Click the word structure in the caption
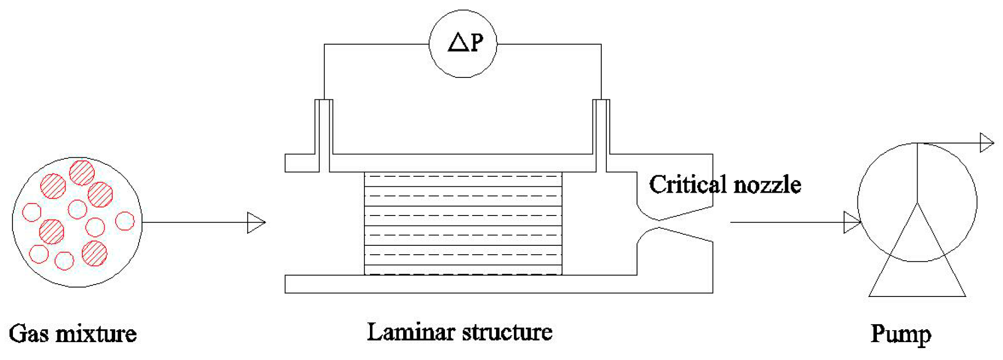click(506, 332)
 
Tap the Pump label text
click(901, 334)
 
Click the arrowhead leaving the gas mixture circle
click(256, 222)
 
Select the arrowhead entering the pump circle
click(852, 222)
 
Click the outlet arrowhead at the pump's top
click(987, 143)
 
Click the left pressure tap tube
click(324, 134)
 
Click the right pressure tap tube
click(601, 134)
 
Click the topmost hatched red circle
click(82, 172)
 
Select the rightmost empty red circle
click(125, 221)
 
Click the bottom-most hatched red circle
click(94, 253)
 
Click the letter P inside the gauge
click(476, 43)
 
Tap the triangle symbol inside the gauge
click(458, 43)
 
